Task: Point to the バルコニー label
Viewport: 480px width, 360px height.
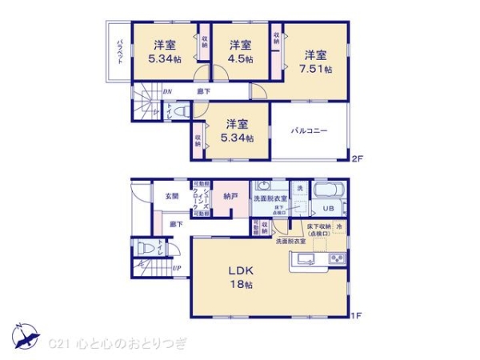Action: (x=310, y=130)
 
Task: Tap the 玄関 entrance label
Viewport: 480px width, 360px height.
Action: (x=173, y=194)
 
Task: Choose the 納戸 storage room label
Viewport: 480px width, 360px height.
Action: (x=230, y=195)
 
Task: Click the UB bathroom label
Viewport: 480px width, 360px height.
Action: (x=327, y=209)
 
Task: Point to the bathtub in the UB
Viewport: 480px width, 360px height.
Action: (x=327, y=191)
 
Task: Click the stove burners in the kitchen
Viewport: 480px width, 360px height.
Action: (x=335, y=259)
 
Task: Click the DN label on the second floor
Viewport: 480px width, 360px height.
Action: (x=167, y=92)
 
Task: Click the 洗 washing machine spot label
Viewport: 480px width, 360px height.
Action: (x=299, y=187)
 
